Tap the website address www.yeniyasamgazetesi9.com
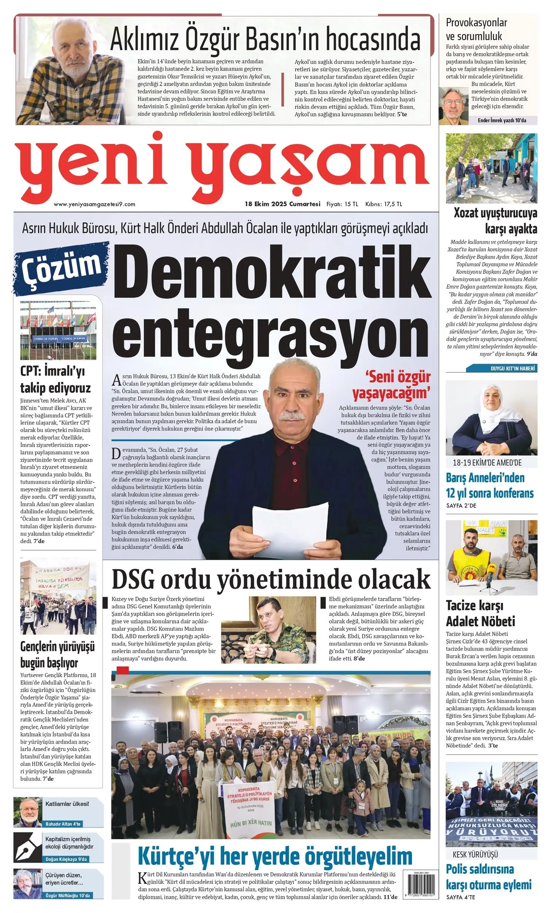point(95,204)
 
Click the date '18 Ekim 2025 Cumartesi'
point(282,204)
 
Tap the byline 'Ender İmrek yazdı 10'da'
point(502,120)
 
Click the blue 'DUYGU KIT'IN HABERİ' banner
point(501,368)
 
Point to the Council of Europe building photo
point(58,329)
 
